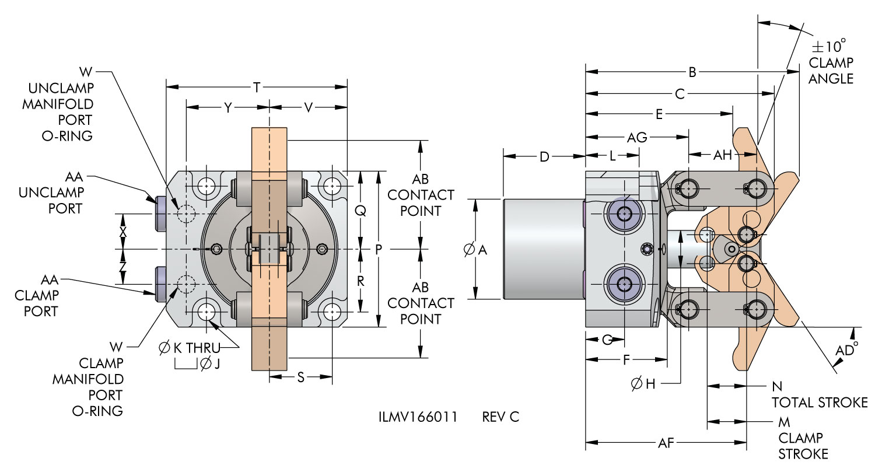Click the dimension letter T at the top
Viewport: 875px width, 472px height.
257,88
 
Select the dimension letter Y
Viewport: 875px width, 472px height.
228,107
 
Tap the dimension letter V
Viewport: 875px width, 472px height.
309,107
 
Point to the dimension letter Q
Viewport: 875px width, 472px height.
360,212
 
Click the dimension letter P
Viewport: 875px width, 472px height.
378,250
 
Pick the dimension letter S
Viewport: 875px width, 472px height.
301,377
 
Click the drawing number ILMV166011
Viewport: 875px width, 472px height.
417,417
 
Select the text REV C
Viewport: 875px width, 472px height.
501,417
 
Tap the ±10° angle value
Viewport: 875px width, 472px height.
829,46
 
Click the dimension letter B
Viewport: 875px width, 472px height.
692,72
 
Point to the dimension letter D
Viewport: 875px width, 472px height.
544,156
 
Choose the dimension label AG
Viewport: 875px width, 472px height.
636,138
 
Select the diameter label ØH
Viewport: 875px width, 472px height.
644,383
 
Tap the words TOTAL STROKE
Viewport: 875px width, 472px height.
820,403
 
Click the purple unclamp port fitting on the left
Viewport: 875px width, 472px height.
161,213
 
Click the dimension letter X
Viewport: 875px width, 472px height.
123,231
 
